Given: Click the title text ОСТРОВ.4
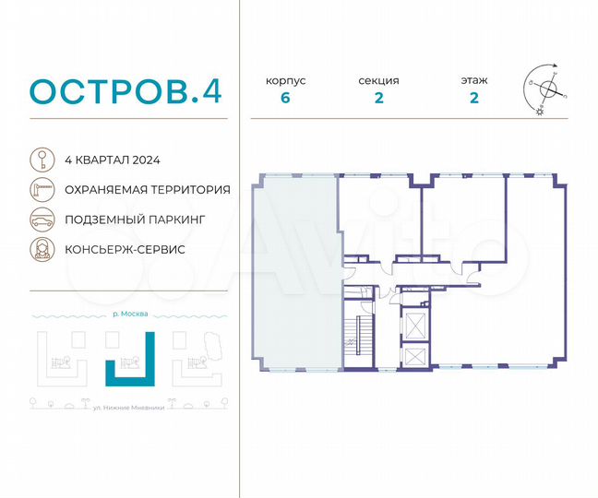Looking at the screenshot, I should tap(126, 92).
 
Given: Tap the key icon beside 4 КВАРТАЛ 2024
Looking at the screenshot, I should tap(42, 160).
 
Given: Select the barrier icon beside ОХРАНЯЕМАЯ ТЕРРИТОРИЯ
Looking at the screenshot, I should tap(42, 189).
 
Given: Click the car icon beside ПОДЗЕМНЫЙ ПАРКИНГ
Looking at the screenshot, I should tap(42, 219).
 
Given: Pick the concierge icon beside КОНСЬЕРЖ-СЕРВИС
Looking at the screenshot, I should tap(42, 249).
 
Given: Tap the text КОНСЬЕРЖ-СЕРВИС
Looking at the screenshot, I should tap(126, 249).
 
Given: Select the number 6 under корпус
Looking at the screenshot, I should tap(286, 100).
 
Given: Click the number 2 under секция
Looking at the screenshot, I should tap(379, 100).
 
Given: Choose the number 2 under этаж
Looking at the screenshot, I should tap(473, 100).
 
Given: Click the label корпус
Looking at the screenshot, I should tap(286, 81).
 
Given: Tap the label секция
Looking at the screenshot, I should tap(379, 81).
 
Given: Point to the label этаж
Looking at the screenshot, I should tap(473, 81).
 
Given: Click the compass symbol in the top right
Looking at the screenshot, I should tap(546, 89).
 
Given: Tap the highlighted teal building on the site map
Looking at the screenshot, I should tap(126, 372).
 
